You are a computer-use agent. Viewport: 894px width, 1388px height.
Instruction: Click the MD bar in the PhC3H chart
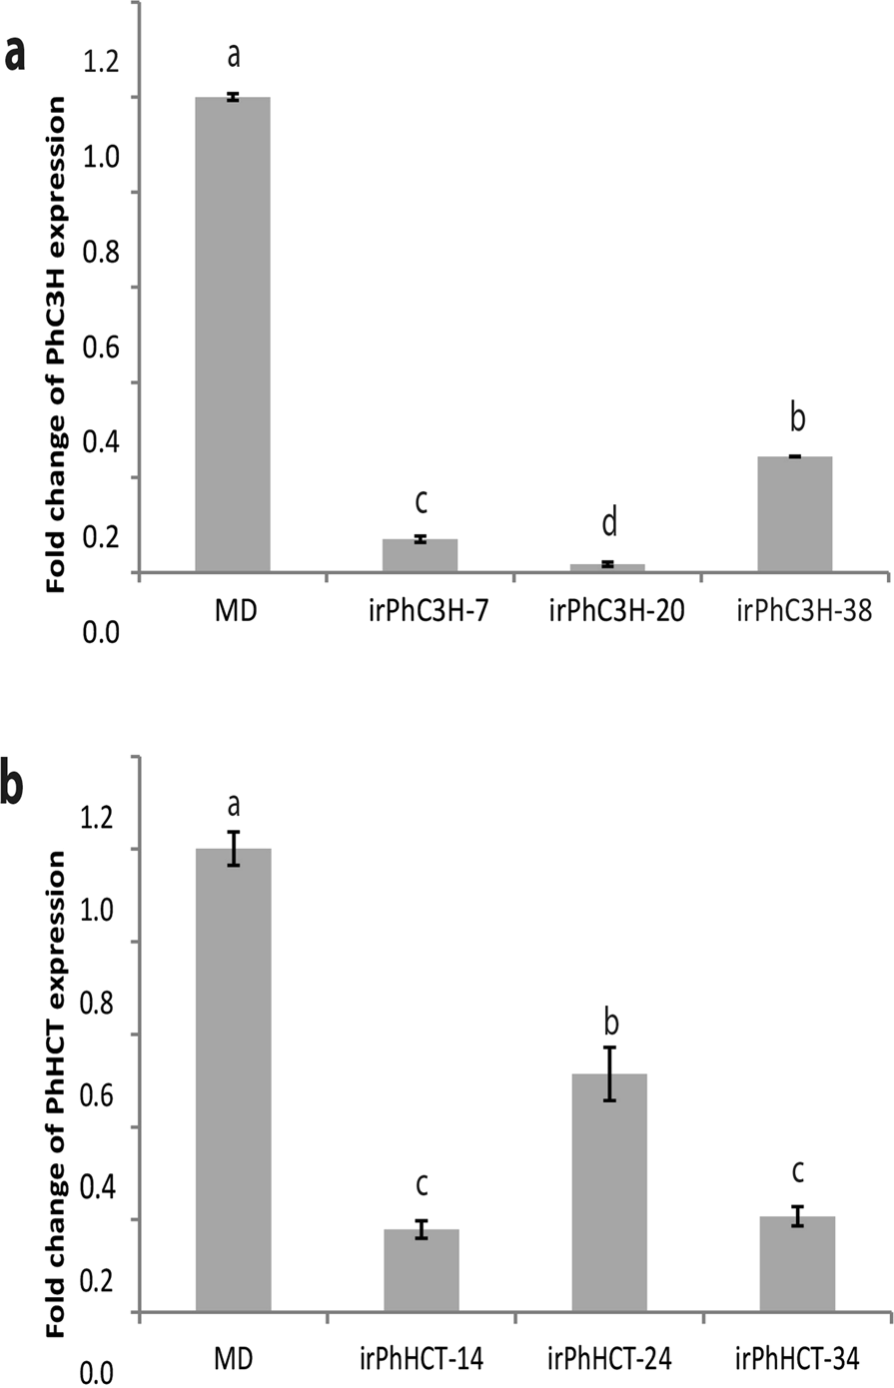(x=233, y=335)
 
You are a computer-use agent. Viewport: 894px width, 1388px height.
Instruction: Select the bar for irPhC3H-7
(x=421, y=555)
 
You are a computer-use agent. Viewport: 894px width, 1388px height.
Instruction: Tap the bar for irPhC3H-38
(x=796, y=514)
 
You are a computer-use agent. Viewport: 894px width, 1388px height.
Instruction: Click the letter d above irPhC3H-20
(x=608, y=520)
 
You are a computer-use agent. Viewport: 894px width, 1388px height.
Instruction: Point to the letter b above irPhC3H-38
(x=796, y=417)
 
